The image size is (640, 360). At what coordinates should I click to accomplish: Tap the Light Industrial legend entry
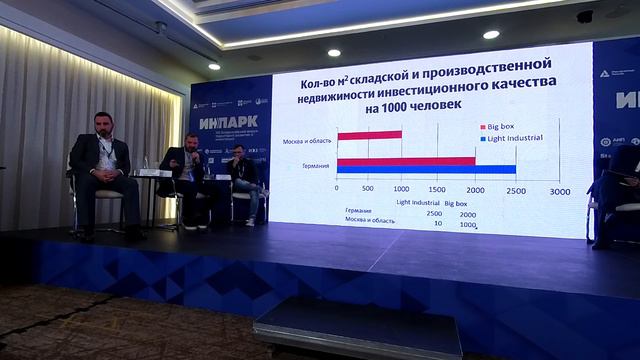click(x=510, y=140)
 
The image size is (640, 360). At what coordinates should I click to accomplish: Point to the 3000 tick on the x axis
click(x=559, y=189)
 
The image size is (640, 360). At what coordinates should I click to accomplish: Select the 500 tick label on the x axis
click(x=368, y=189)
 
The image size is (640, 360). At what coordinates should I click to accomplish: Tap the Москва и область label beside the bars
click(x=307, y=140)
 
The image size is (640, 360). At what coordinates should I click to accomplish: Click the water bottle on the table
click(x=165, y=163)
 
